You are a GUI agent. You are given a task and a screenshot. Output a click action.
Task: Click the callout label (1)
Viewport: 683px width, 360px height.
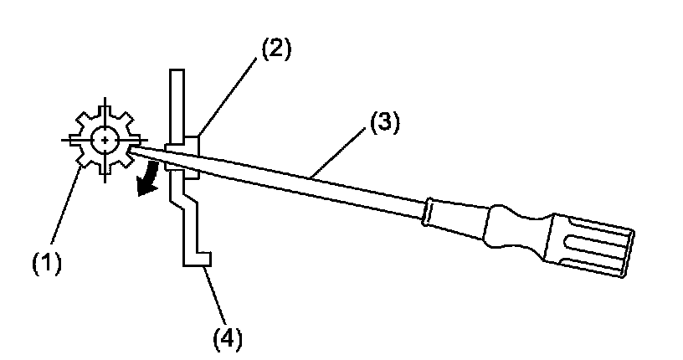(x=47, y=264)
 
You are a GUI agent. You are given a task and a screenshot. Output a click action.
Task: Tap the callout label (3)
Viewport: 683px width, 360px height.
(x=384, y=125)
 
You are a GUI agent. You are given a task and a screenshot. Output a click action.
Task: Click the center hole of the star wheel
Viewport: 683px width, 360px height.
(x=105, y=140)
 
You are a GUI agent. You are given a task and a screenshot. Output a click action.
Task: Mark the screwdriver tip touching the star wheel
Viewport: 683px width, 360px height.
(x=134, y=150)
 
